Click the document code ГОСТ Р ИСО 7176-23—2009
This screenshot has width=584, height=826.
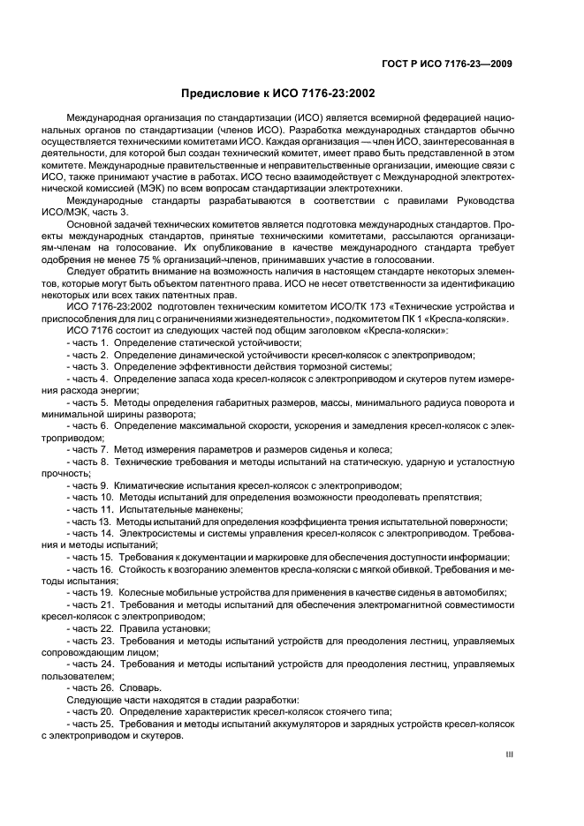(x=460, y=63)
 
